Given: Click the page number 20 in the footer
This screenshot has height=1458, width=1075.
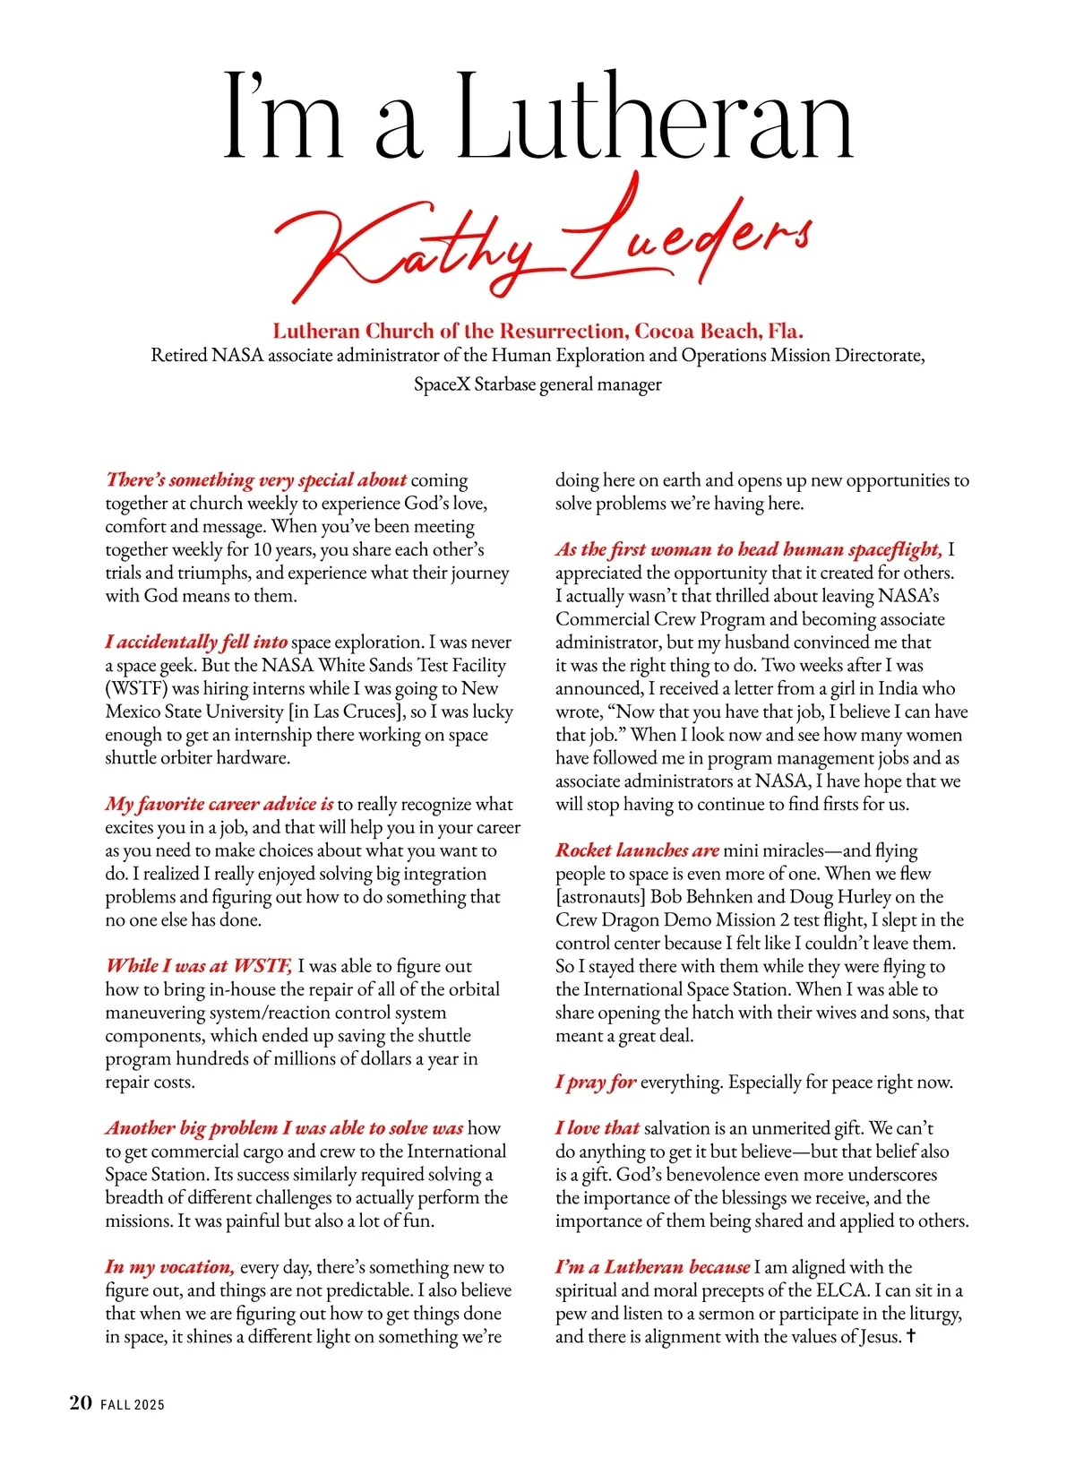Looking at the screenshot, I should [81, 1403].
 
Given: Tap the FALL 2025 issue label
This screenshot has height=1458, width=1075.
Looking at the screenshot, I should [133, 1405].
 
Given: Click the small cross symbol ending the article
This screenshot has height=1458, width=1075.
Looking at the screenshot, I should [911, 1336].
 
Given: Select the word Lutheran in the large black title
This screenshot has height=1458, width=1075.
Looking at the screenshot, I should [655, 121].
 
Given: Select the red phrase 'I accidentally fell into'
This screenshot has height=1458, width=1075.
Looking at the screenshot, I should [196, 642].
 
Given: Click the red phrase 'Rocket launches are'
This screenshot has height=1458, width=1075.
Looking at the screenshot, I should [637, 850].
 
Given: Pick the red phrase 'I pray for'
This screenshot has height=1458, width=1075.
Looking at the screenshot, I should [596, 1082].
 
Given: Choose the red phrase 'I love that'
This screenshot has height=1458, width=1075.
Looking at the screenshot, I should [598, 1128].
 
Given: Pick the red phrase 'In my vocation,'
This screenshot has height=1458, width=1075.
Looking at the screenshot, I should [170, 1267].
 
